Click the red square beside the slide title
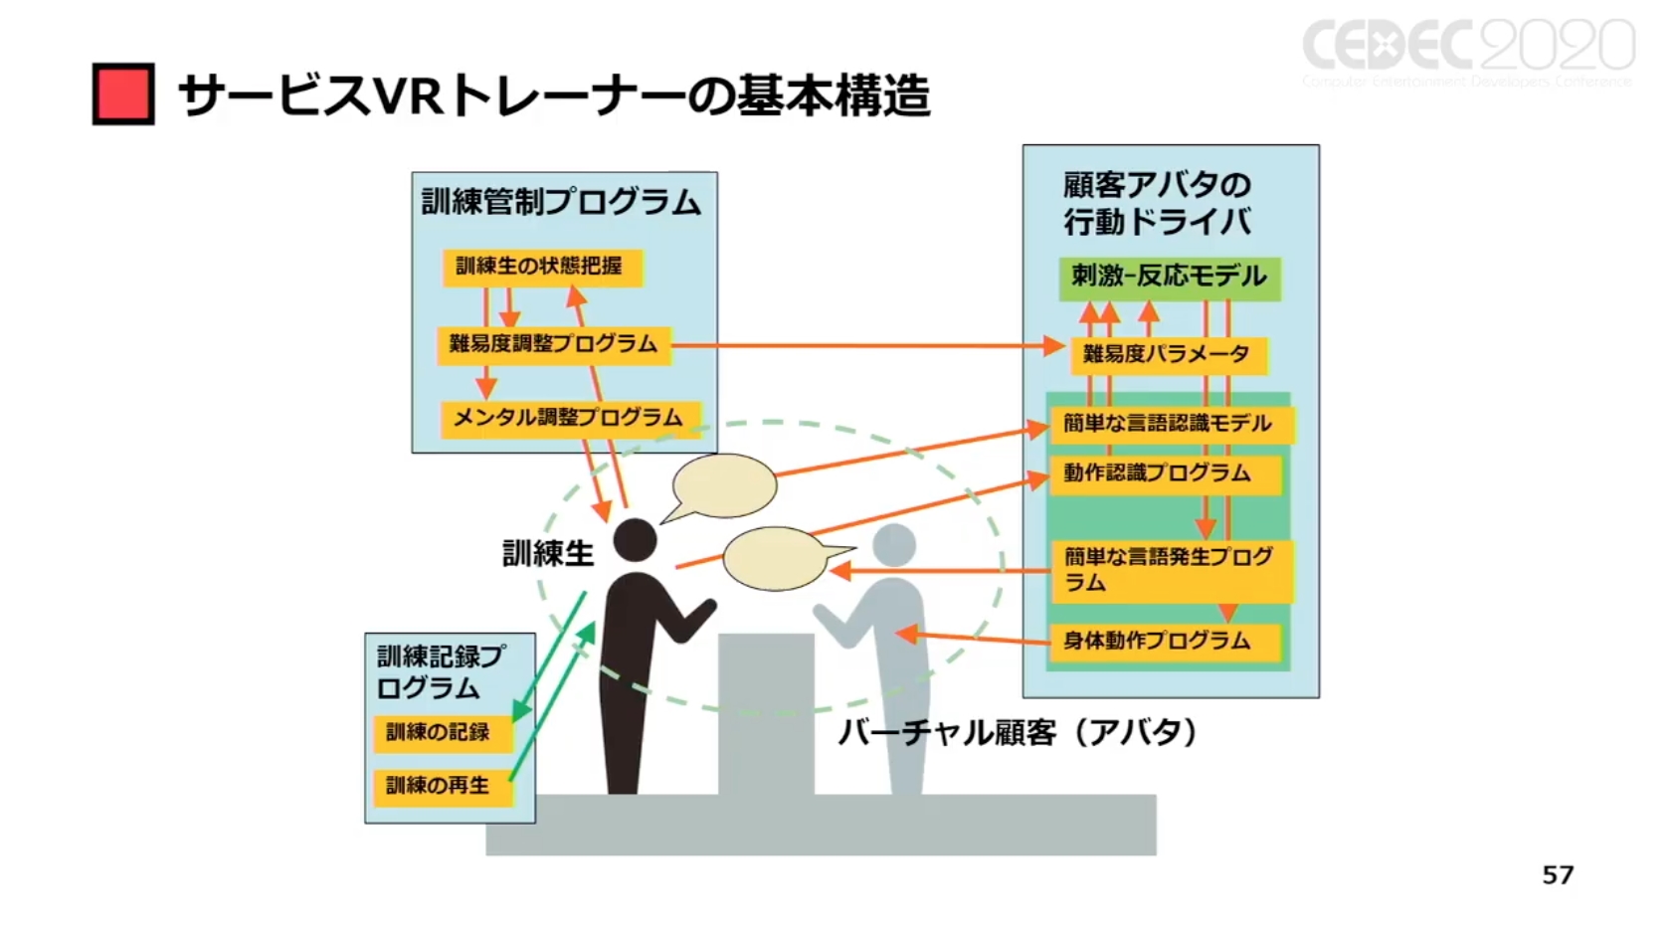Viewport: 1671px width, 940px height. point(123,94)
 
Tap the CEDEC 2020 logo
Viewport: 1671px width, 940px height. point(1468,49)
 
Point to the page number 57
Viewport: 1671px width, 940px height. point(1558,874)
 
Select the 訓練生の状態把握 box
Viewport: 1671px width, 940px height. point(541,267)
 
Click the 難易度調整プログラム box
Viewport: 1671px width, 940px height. point(554,344)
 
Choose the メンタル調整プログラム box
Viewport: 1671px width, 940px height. point(569,418)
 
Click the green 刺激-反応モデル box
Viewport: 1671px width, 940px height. point(1169,277)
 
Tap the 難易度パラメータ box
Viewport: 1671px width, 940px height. point(1167,354)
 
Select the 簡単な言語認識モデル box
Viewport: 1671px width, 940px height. point(1169,424)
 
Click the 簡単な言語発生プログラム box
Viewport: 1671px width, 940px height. point(1171,569)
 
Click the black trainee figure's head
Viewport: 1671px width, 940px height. point(635,541)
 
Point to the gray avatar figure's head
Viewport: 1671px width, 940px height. point(893,545)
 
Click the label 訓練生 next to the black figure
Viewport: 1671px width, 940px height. point(547,553)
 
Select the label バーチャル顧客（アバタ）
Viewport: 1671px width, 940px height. point(1017,733)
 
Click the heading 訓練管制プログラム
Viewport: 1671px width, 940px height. point(562,202)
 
